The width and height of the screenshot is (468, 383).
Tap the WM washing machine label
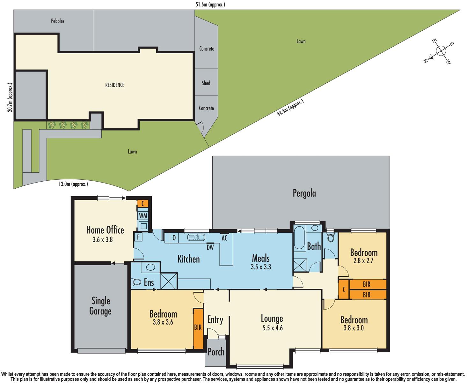tap(143, 216)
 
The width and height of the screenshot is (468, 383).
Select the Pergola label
tap(304, 193)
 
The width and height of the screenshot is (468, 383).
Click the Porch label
tap(216, 352)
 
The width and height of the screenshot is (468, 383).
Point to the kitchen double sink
tap(196, 237)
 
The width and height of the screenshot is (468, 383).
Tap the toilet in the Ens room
tap(136, 282)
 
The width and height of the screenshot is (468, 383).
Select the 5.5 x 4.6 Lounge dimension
tap(272, 327)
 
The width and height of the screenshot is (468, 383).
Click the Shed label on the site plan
tap(206, 83)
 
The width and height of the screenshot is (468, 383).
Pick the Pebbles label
tap(58, 21)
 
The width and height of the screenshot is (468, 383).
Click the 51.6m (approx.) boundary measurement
tap(210, 4)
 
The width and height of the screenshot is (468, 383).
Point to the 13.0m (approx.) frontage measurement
tap(73, 184)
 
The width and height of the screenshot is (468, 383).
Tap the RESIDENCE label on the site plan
tap(115, 85)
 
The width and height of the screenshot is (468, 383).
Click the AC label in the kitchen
tap(224, 238)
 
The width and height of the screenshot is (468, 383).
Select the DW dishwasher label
tap(210, 247)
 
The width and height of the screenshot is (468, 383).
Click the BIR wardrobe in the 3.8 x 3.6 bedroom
tap(198, 328)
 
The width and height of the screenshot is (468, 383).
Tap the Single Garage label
tap(100, 306)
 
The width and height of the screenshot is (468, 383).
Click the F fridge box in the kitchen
tap(138, 237)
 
